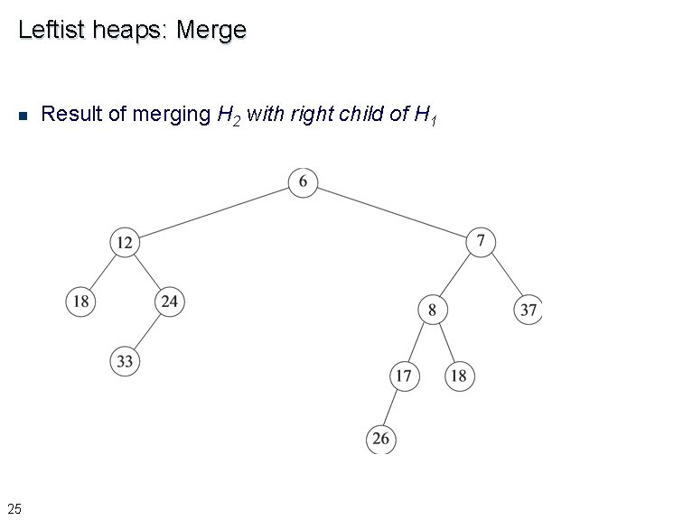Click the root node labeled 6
(x=303, y=182)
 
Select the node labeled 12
(x=125, y=242)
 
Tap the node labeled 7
(x=482, y=241)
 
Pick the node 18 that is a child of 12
(x=80, y=302)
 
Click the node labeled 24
(x=169, y=302)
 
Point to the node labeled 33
(x=125, y=362)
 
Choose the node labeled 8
(x=432, y=310)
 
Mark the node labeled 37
(x=529, y=310)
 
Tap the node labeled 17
(x=404, y=376)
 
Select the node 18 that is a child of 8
(x=459, y=376)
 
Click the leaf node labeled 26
(x=381, y=439)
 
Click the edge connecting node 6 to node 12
(x=214, y=212)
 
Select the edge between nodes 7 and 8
(x=457, y=275)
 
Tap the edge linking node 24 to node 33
(x=147, y=331)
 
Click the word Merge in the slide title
(x=211, y=30)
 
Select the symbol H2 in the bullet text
(x=229, y=115)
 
